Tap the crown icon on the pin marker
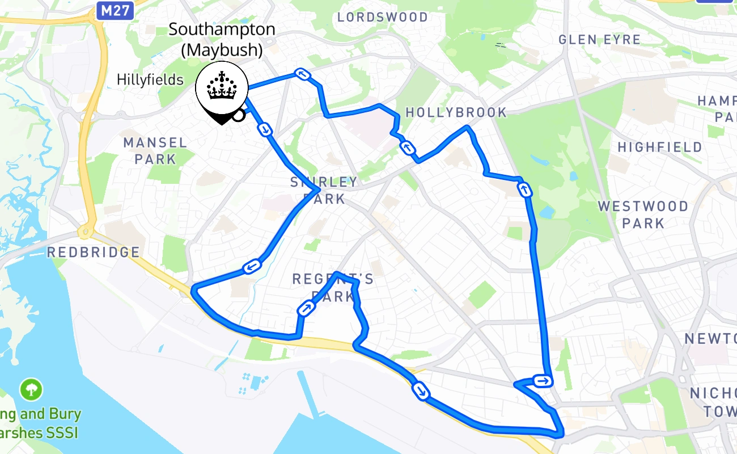point(222,86)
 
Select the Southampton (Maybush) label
point(222,39)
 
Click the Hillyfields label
point(150,79)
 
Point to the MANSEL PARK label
point(155,150)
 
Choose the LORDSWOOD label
point(383,17)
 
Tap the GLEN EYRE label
point(599,40)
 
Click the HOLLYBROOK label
point(456,112)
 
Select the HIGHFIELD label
point(660,147)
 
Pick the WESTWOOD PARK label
point(643,214)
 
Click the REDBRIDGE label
point(94,252)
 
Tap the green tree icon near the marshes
point(31,390)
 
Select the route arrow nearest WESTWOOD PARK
point(526,190)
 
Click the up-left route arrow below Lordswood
point(302,74)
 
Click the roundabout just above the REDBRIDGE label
point(86,232)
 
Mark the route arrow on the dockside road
point(421,391)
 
